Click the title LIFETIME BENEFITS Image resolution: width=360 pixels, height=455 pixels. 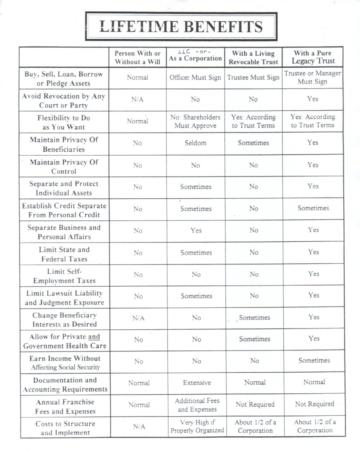tap(181, 26)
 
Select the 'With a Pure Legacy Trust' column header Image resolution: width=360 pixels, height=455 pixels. tap(313, 57)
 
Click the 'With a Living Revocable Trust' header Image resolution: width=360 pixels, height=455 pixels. tap(254, 58)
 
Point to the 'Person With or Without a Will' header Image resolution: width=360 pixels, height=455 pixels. tap(137, 58)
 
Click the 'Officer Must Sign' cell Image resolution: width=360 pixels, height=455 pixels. tap(195, 77)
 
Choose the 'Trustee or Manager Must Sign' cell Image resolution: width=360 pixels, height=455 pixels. tap(313, 77)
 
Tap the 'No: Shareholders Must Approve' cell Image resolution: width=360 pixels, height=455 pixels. tap(196, 121)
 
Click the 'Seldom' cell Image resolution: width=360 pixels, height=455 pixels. tap(196, 143)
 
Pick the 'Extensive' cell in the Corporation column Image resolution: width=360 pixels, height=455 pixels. tap(197, 382)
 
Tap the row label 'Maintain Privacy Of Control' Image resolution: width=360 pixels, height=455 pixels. tap(64, 167)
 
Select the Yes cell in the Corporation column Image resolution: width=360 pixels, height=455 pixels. tap(196, 230)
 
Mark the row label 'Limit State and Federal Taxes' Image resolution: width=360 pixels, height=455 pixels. tap(64, 254)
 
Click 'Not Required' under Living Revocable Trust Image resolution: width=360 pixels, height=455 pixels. tap(255, 404)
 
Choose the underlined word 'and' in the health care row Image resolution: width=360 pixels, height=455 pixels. tap(94, 337)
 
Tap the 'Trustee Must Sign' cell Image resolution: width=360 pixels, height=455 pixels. tap(253, 77)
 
